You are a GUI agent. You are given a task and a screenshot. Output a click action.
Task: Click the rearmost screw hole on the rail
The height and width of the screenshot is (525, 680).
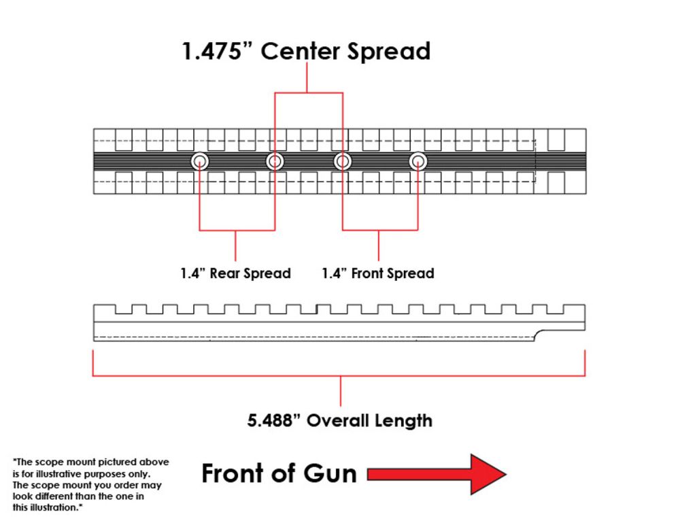coord(199,161)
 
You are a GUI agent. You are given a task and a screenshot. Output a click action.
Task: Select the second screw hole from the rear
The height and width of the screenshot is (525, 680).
coord(275,161)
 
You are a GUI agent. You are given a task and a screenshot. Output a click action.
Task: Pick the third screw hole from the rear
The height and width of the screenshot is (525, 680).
coord(343,161)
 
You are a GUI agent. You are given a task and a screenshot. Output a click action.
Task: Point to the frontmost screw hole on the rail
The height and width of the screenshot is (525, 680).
coord(418,161)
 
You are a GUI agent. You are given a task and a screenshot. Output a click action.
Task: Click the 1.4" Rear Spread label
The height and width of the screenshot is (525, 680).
coord(235,273)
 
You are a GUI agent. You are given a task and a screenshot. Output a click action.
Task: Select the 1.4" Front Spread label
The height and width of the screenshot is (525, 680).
coord(378,273)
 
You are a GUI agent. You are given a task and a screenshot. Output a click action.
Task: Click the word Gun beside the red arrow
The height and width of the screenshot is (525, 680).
coord(330,473)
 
